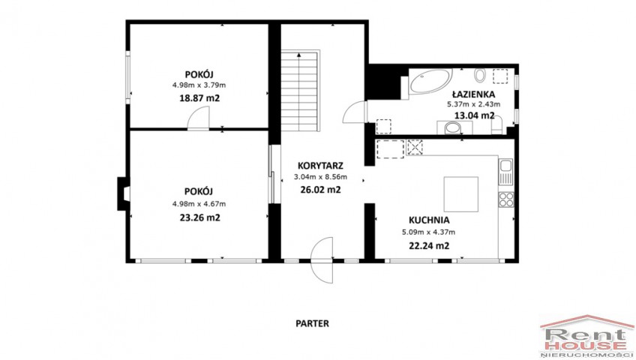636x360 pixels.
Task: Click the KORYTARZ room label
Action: click(320, 166)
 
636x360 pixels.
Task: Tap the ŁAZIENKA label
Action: click(474, 94)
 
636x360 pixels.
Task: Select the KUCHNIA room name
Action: click(429, 220)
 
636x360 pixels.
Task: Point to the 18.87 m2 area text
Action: click(199, 97)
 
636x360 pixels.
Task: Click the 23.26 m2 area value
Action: click(199, 217)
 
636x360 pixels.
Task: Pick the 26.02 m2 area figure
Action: click(320, 189)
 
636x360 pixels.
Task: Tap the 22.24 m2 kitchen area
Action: click(429, 246)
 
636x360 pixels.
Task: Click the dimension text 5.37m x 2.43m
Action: click(474, 104)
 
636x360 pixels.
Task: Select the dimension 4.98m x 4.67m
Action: click(199, 204)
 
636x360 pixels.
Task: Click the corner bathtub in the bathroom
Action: click(430, 81)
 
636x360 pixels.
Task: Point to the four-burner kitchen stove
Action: click(506, 199)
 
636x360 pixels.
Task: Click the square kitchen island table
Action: click(460, 194)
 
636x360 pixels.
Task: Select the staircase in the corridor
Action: click(301, 91)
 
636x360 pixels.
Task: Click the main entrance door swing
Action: click(322, 259)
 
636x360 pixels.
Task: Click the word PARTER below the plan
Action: click(312, 323)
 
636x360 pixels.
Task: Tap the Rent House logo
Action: click(587, 337)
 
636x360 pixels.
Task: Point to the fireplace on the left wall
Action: click(123, 193)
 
